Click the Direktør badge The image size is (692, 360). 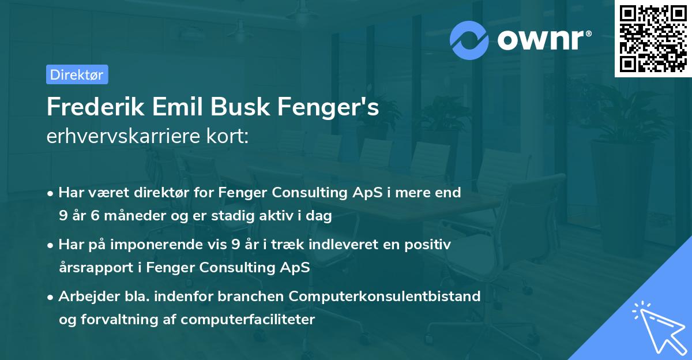[x=77, y=74]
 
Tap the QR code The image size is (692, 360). [x=652, y=38]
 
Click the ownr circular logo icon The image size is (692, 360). [x=469, y=39]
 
